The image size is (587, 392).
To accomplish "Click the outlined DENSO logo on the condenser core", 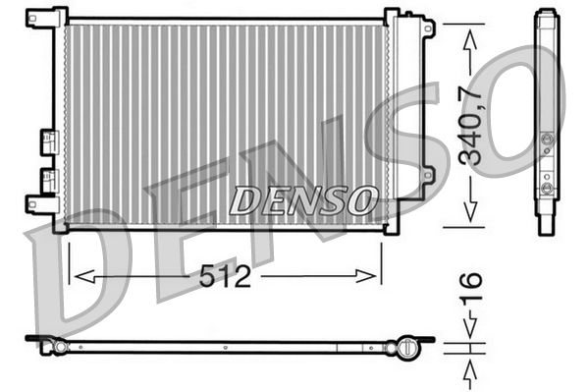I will coord(302,199).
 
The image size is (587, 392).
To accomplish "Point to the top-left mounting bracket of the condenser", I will coord(45,18).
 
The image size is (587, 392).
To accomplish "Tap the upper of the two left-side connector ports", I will coord(47,141).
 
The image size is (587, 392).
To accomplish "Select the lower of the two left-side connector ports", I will coord(47,179).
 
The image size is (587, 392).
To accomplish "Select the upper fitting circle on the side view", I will coord(547,141).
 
